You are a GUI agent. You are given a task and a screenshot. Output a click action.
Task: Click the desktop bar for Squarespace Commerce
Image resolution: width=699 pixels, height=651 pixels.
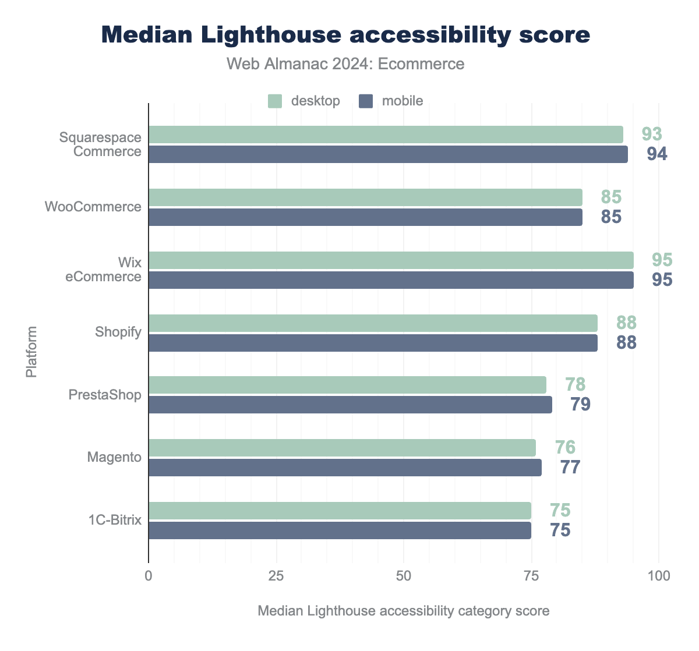click(386, 135)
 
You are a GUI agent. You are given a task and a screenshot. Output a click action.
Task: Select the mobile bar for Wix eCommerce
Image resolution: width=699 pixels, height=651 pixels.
click(391, 280)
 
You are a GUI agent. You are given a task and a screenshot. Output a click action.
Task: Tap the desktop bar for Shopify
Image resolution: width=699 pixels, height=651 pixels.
click(373, 323)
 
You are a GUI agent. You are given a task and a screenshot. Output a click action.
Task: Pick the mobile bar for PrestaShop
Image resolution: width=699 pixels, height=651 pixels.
click(350, 405)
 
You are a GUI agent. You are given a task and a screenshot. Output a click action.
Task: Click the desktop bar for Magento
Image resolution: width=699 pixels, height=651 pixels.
click(342, 448)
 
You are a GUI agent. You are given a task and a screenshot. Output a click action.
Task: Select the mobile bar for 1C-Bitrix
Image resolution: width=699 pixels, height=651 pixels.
click(340, 530)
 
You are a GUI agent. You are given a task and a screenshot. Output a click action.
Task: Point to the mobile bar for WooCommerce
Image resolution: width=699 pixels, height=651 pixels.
click(365, 217)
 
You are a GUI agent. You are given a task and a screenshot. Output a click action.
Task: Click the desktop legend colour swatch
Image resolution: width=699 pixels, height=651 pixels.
click(275, 101)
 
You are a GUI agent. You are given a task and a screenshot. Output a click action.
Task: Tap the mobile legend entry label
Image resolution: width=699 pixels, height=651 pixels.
click(403, 101)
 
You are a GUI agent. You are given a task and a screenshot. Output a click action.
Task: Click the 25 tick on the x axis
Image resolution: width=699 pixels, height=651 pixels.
click(276, 576)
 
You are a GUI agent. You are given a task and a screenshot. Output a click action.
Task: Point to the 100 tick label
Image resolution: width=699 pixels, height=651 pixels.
click(659, 576)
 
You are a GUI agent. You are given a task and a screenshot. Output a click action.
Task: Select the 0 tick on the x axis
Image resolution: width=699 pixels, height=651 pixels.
click(149, 576)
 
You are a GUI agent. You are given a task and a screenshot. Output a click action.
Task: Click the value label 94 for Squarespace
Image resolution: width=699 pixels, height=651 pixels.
click(656, 154)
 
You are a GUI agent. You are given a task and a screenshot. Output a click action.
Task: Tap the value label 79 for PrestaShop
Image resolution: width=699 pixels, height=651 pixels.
click(580, 405)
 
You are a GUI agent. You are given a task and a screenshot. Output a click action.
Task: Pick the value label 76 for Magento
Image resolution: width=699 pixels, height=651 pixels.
click(565, 447)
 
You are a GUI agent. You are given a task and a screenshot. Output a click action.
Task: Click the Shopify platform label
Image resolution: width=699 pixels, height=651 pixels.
click(118, 332)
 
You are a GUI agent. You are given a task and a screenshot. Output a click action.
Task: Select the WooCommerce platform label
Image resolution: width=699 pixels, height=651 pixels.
click(93, 207)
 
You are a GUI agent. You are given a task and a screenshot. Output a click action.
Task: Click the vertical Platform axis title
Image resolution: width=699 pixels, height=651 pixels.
click(31, 352)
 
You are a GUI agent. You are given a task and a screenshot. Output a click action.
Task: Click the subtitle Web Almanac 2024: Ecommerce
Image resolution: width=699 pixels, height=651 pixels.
click(345, 63)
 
